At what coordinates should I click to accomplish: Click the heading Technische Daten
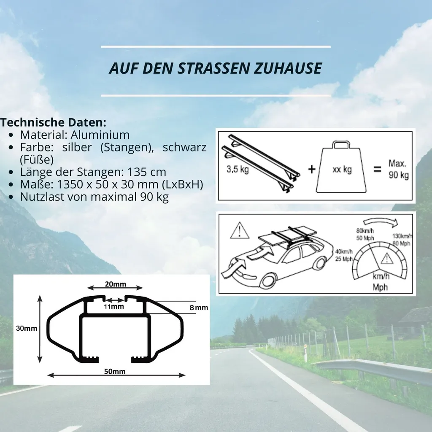point(53,122)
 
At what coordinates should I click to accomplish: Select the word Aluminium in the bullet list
point(100,135)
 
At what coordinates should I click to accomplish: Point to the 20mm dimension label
point(116,284)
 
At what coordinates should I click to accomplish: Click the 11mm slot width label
point(114,307)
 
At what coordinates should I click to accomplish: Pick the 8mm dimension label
point(199,308)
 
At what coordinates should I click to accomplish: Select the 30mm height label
point(27,328)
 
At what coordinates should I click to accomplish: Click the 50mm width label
point(115,371)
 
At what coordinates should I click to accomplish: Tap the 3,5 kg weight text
point(238,169)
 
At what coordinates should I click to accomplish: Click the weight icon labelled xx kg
point(342,167)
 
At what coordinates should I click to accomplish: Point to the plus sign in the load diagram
point(312,169)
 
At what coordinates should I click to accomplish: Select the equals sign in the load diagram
point(377,169)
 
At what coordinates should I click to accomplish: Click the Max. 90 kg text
point(398,169)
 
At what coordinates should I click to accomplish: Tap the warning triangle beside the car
point(240,230)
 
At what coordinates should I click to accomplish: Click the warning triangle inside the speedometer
point(387,259)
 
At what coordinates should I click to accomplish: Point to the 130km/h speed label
point(402,240)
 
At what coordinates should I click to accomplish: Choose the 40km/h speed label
point(343,255)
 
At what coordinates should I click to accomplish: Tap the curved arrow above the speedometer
point(381,221)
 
